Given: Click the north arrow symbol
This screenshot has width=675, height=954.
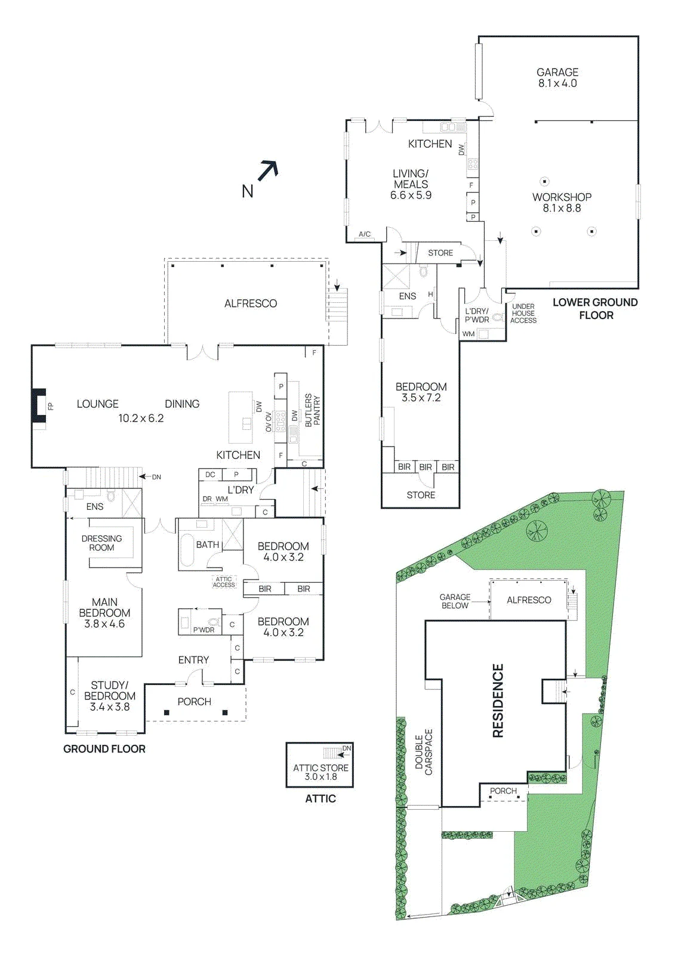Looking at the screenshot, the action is [x=269, y=169].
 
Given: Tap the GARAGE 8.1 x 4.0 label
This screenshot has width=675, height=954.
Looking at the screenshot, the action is [x=557, y=78].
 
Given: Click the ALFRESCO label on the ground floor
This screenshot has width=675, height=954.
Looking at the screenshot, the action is [x=251, y=303].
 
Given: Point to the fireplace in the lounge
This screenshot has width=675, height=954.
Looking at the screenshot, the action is [x=39, y=406].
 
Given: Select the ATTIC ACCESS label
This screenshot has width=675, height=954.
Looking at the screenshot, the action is [x=223, y=582].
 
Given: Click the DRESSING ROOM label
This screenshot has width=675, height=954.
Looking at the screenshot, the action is [x=102, y=543].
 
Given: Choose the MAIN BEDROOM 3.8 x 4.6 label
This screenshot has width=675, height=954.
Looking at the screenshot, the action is [x=104, y=613].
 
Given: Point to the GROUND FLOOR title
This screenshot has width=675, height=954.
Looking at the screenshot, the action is [x=104, y=749].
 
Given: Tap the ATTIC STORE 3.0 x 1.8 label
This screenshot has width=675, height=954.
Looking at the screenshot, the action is [x=320, y=772].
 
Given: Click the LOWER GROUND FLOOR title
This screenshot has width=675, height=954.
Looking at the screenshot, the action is [x=596, y=309].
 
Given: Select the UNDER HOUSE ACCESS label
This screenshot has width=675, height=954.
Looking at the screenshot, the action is [x=523, y=314].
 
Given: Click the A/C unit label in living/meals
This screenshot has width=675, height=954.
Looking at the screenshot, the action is [x=365, y=234].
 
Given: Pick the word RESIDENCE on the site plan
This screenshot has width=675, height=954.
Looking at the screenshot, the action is [x=498, y=701].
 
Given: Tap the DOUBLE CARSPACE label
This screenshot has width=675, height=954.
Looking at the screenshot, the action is [x=424, y=752].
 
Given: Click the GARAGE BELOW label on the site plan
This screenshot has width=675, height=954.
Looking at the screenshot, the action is [x=455, y=602].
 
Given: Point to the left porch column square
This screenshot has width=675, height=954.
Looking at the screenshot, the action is [x=167, y=713].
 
